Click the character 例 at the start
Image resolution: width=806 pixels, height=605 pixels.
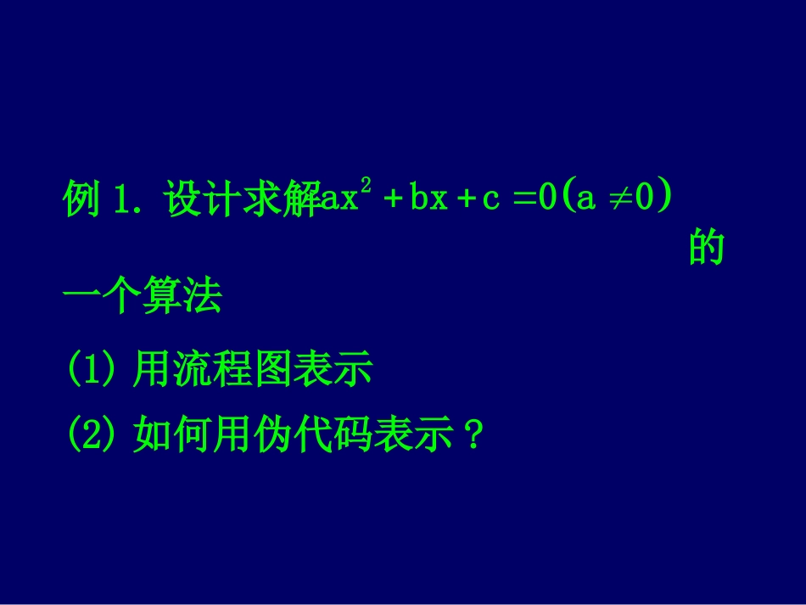click(x=82, y=200)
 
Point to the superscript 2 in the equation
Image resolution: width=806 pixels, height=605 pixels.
click(x=367, y=187)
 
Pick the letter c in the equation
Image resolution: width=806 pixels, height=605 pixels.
click(x=490, y=201)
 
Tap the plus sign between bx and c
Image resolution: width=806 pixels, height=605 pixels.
click(x=464, y=201)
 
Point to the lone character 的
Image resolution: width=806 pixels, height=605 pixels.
click(x=706, y=249)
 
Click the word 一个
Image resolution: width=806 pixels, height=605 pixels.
click(x=103, y=298)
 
